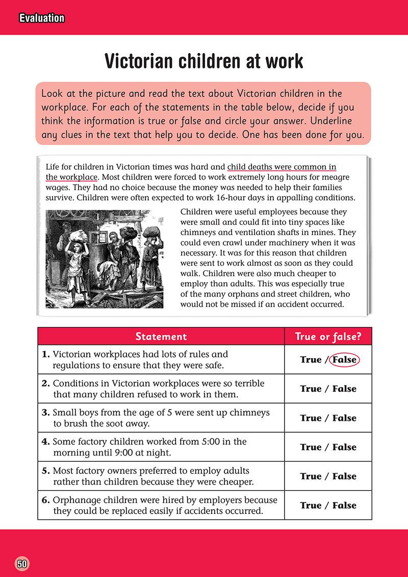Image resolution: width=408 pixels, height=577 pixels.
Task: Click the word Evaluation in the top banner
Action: pyautogui.click(x=42, y=18)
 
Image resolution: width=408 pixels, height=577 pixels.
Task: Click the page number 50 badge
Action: pyautogui.click(x=22, y=564)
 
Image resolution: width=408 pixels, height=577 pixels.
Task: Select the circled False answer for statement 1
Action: pyautogui.click(x=344, y=360)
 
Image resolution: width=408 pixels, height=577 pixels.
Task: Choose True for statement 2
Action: pyautogui.click(x=311, y=389)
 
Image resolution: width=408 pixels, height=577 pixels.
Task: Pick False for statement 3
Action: pyautogui.click(x=344, y=418)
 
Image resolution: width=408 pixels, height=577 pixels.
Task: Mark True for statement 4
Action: pyautogui.click(x=311, y=447)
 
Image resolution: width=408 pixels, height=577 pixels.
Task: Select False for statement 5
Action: pyautogui.click(x=344, y=476)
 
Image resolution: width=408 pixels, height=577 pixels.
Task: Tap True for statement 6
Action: pyautogui.click(x=311, y=505)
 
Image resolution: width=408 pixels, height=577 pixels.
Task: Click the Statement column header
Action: pyautogui.click(x=161, y=336)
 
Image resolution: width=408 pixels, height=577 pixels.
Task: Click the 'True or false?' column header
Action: pyautogui.click(x=328, y=336)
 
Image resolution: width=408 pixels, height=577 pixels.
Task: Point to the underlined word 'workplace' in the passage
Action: pyautogui.click(x=79, y=177)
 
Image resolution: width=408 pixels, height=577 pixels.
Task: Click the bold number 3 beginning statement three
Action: pyautogui.click(x=45, y=412)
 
